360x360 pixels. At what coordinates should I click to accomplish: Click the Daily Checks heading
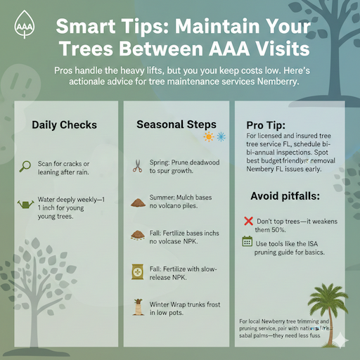tap(64, 125)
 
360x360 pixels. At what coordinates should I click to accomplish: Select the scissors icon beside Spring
tap(137, 167)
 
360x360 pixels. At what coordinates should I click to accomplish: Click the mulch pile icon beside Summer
tap(137, 202)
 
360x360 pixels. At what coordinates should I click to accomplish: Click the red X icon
tap(247, 221)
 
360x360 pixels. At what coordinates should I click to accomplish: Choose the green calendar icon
tap(247, 242)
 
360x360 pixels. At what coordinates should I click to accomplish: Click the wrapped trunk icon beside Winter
tap(137, 306)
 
